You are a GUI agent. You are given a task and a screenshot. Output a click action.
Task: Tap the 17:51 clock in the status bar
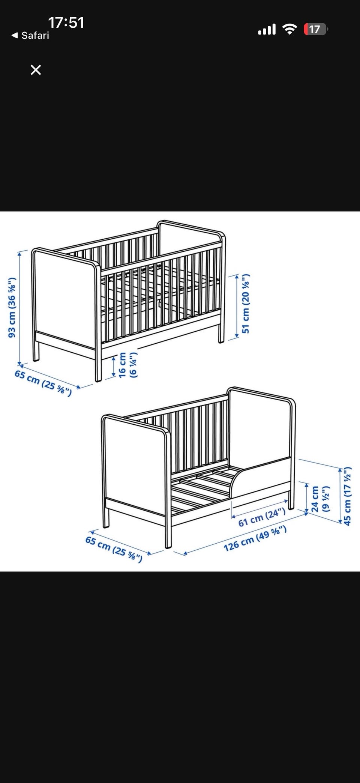click(x=66, y=23)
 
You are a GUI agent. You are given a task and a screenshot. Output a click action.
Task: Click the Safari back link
click(x=30, y=35)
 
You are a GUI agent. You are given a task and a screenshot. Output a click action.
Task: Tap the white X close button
click(x=36, y=70)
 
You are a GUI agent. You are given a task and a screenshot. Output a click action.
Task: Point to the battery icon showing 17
click(x=315, y=29)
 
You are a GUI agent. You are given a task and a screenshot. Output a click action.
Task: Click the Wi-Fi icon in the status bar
click(x=289, y=29)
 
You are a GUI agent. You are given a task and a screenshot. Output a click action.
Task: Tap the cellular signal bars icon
click(x=267, y=29)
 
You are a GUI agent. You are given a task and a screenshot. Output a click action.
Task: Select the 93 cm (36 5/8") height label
click(x=12, y=307)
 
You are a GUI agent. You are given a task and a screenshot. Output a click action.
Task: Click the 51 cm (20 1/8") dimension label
click(x=245, y=304)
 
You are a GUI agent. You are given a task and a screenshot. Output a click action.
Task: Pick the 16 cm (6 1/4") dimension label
click(x=127, y=365)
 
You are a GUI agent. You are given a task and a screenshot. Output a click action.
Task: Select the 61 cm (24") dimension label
click(x=262, y=517)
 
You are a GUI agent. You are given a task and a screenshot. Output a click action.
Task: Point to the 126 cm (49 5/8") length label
click(x=255, y=538)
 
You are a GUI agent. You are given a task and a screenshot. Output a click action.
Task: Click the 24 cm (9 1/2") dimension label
click(x=320, y=499)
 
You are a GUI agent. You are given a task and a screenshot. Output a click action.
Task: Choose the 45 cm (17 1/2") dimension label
click(x=347, y=496)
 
